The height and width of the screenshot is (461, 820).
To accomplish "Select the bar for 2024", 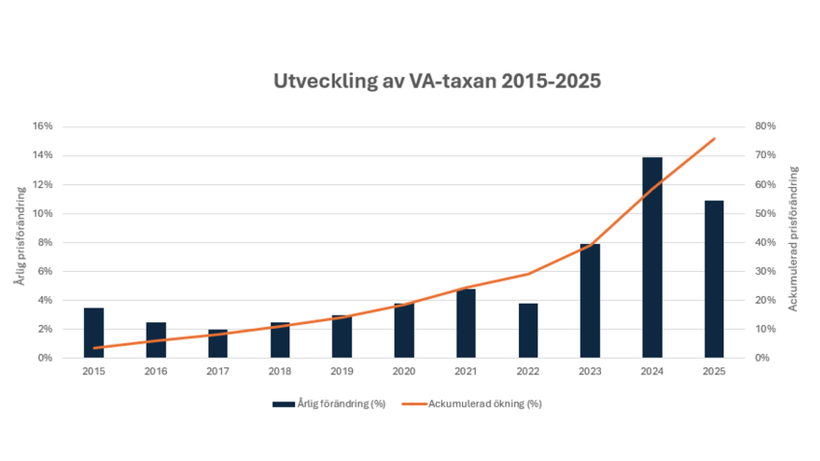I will pos(652,258).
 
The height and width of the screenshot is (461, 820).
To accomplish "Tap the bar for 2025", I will pos(714,280).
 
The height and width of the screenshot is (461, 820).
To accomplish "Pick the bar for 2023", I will pos(589,301).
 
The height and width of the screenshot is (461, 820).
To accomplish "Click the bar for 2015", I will pos(94,333).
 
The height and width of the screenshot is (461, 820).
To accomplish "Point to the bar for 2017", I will pos(218,343).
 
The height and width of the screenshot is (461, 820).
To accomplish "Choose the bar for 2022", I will pos(528,331).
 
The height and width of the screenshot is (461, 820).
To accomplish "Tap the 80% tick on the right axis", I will pos(739,126).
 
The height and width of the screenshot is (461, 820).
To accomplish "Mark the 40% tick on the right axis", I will pos(739,242).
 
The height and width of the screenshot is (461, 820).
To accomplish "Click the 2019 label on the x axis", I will pos(342,371).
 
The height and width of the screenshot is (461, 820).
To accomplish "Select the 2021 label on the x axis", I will pos(466,371).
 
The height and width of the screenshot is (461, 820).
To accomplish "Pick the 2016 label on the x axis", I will pos(155,371).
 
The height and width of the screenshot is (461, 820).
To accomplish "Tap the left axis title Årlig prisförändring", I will pos(18,242).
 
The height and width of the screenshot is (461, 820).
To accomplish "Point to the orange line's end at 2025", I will pos(714,139).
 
